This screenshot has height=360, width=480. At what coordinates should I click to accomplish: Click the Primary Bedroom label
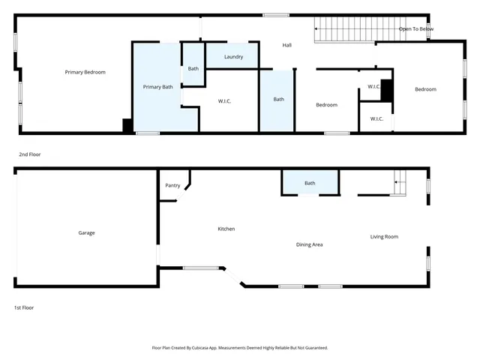pos(85,72)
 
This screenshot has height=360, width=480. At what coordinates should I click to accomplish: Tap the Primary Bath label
pos(157,87)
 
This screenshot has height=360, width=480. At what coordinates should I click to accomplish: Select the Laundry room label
pos(233,56)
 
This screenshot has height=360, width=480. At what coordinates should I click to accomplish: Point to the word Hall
pos(286,45)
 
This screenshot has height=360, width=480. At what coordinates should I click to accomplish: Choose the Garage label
pos(86,232)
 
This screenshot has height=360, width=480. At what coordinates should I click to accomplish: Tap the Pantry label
pos(172,185)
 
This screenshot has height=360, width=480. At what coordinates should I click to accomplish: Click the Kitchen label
pos(226,228)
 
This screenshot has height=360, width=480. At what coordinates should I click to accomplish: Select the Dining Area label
pos(309,244)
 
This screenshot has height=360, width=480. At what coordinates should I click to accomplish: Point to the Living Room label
pos(384,237)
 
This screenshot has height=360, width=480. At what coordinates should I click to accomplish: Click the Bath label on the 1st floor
pos(310,183)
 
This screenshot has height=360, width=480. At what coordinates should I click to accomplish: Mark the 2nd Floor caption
pos(30,154)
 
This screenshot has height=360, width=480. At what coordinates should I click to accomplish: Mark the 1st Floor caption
pos(24,307)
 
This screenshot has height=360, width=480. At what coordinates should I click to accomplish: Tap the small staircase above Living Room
pos(400,182)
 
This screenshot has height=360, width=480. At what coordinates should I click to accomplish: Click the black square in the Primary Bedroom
pos(127,126)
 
